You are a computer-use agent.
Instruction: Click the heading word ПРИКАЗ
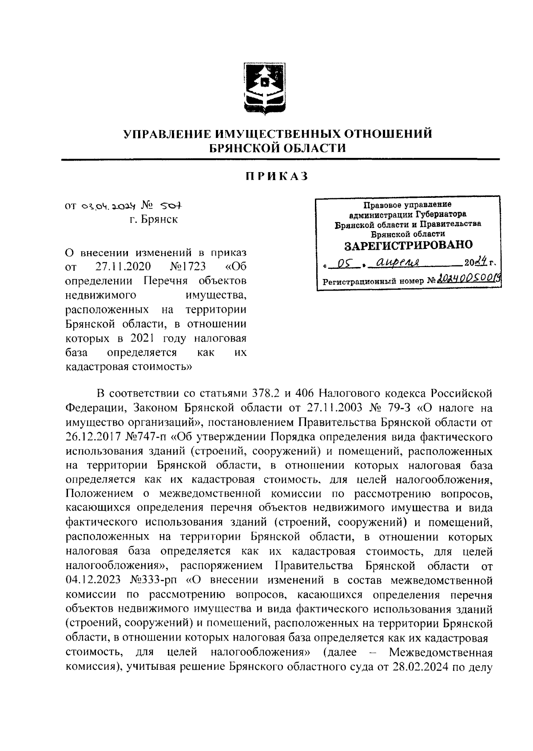[277, 177]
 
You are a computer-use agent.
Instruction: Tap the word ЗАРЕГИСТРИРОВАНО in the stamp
[409, 245]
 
